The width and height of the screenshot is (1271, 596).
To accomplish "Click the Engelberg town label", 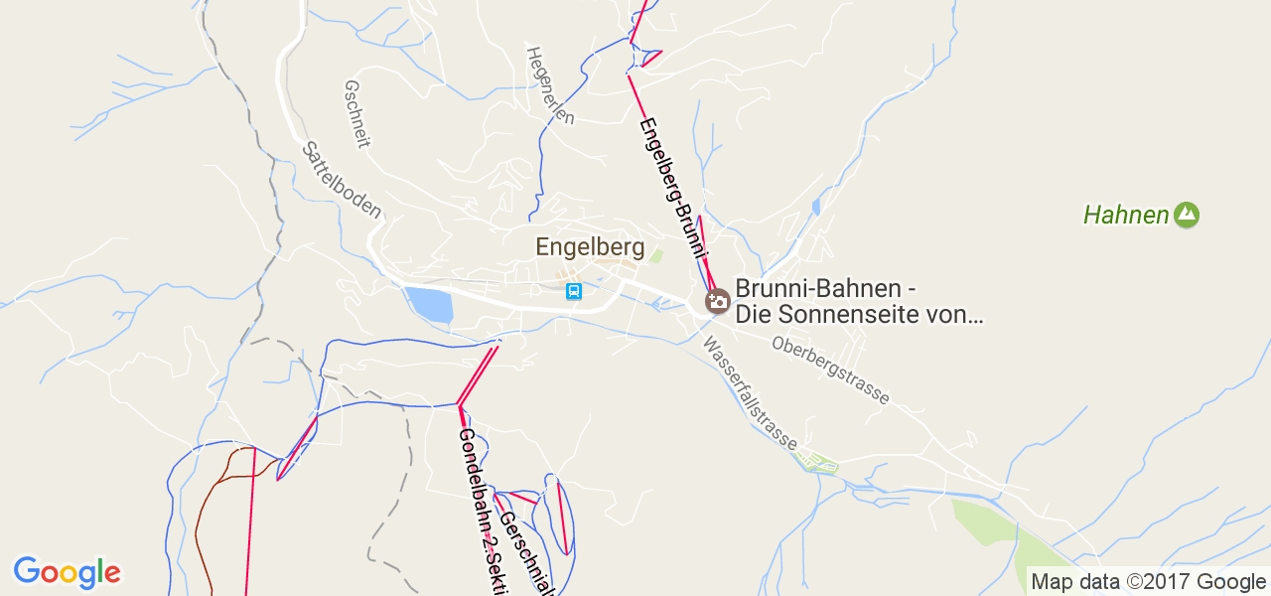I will [590, 247].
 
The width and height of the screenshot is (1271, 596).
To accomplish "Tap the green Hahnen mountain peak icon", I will [1186, 215].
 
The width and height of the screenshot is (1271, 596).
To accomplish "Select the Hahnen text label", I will [1126, 215].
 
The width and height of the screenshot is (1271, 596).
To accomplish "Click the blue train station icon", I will [573, 291].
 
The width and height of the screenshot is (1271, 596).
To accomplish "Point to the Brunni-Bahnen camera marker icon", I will [717, 300].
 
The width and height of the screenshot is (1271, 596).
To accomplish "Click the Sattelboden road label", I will [342, 180].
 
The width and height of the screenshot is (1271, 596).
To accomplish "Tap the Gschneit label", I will [355, 114].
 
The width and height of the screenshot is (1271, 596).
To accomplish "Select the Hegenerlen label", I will [550, 84].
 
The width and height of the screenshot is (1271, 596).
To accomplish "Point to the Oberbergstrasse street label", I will [830, 370].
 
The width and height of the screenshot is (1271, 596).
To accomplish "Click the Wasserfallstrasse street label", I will [750, 392].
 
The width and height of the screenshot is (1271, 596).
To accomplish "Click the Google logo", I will [67, 572].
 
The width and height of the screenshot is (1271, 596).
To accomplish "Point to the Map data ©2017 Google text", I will [1148, 582].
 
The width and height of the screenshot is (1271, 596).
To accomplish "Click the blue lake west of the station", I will [429, 304].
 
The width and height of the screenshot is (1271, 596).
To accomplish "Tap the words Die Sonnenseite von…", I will [859, 316].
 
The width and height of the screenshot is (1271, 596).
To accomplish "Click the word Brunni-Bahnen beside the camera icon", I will [824, 289].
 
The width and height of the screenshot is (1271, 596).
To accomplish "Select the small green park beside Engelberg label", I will [655, 256].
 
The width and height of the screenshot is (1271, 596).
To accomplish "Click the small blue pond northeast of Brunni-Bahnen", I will [816, 207].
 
